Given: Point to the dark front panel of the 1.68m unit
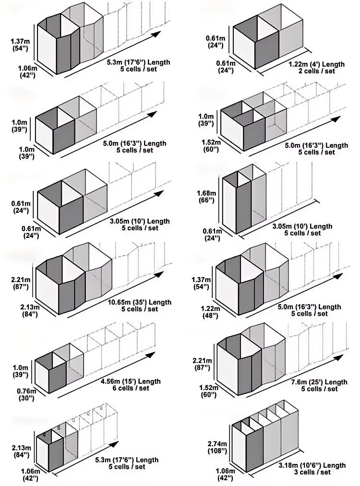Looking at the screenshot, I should pos(243,206).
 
